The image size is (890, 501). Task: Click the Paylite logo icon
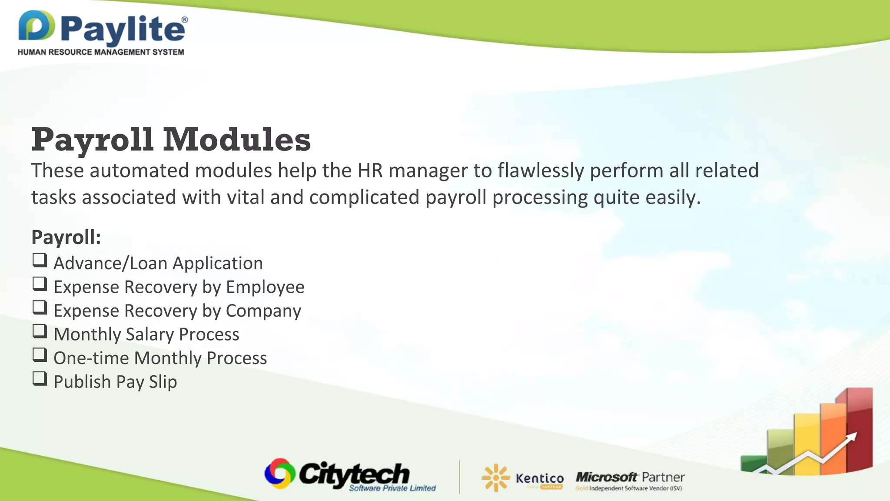[x=37, y=26]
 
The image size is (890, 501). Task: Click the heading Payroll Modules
[x=171, y=140]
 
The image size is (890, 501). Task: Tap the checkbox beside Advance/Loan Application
[x=40, y=261]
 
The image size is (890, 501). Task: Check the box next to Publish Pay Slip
[x=40, y=379]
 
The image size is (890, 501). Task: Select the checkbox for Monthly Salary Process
[x=40, y=331]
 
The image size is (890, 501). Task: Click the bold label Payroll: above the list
[x=66, y=237]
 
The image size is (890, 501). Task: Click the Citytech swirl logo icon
[x=280, y=473]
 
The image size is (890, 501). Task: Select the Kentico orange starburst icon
[x=495, y=478]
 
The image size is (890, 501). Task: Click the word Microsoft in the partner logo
[x=606, y=477]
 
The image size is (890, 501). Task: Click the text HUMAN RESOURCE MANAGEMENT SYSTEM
[x=101, y=52]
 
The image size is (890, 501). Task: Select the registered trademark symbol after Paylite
[x=185, y=20]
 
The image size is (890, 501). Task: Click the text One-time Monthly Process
[x=160, y=358]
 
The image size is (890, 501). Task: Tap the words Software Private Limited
[x=392, y=488]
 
